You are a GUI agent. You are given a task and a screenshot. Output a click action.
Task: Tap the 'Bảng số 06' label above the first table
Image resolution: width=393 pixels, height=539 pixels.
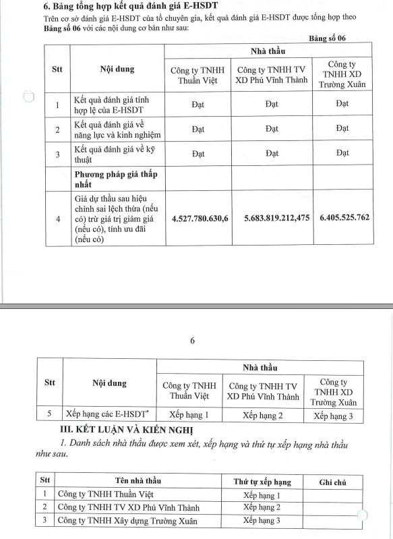tap(332, 39)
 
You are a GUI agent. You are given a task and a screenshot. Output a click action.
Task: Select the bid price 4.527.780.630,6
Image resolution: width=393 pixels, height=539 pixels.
tap(200, 219)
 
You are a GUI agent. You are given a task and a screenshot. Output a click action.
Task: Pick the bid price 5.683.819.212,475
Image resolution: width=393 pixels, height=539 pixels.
tap(272, 219)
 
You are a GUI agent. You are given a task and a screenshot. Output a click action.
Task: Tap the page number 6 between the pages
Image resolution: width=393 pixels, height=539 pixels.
tap(192, 340)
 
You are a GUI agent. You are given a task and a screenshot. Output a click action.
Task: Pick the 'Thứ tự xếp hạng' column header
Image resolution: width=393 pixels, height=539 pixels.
tap(262, 481)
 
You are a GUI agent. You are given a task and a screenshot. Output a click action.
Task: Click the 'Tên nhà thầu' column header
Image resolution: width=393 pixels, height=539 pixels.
tap(140, 481)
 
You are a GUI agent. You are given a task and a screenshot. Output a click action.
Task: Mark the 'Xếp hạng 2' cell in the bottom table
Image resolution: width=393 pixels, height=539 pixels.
tap(262, 507)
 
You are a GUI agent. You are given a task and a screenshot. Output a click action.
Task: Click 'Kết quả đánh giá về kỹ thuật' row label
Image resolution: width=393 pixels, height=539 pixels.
tap(113, 152)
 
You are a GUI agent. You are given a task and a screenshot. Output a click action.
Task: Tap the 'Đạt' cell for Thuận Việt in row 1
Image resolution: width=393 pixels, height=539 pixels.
tap(198, 104)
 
